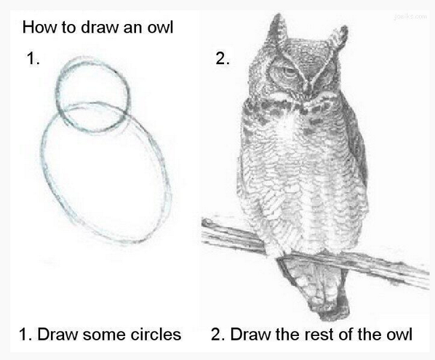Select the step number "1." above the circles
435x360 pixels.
pos(33,58)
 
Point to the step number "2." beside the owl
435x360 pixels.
pos(223,58)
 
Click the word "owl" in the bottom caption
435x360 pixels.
pos(399,334)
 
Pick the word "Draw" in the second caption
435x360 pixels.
pos(250,334)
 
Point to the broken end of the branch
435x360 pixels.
pos(207,223)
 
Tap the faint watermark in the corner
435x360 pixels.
pos(410,17)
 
